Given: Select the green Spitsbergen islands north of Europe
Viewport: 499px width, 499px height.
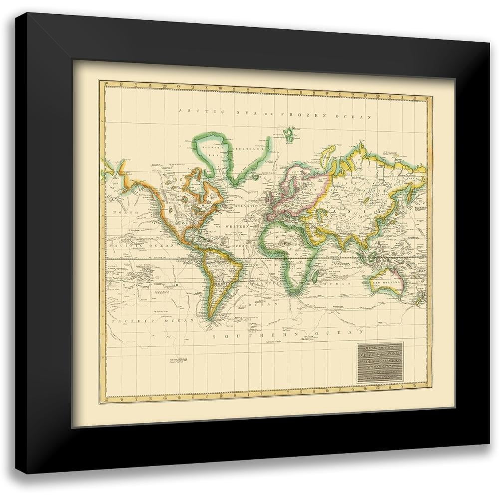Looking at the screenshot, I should [289, 133].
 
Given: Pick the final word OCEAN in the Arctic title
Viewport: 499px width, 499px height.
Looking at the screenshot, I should [354, 116].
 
